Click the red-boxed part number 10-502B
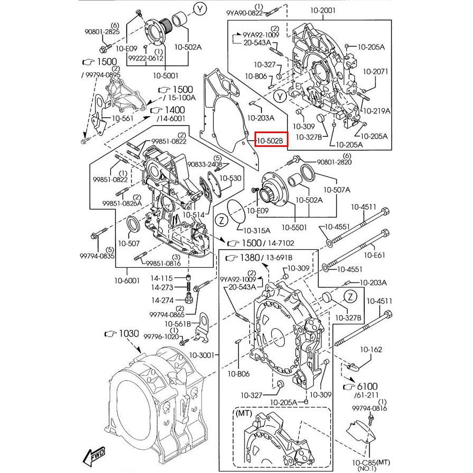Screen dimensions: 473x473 pos(271,140)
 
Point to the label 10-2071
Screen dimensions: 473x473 pos(376,71)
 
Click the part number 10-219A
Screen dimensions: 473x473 pos(376,111)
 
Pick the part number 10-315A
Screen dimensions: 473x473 pos(257,230)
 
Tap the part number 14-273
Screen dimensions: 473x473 pos(162,288)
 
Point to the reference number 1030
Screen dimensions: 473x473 pos(127,334)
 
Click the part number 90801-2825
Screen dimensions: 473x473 pos(102,32)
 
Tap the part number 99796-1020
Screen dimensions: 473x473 pos(161,337)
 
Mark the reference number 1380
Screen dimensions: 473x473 pos(249,258)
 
